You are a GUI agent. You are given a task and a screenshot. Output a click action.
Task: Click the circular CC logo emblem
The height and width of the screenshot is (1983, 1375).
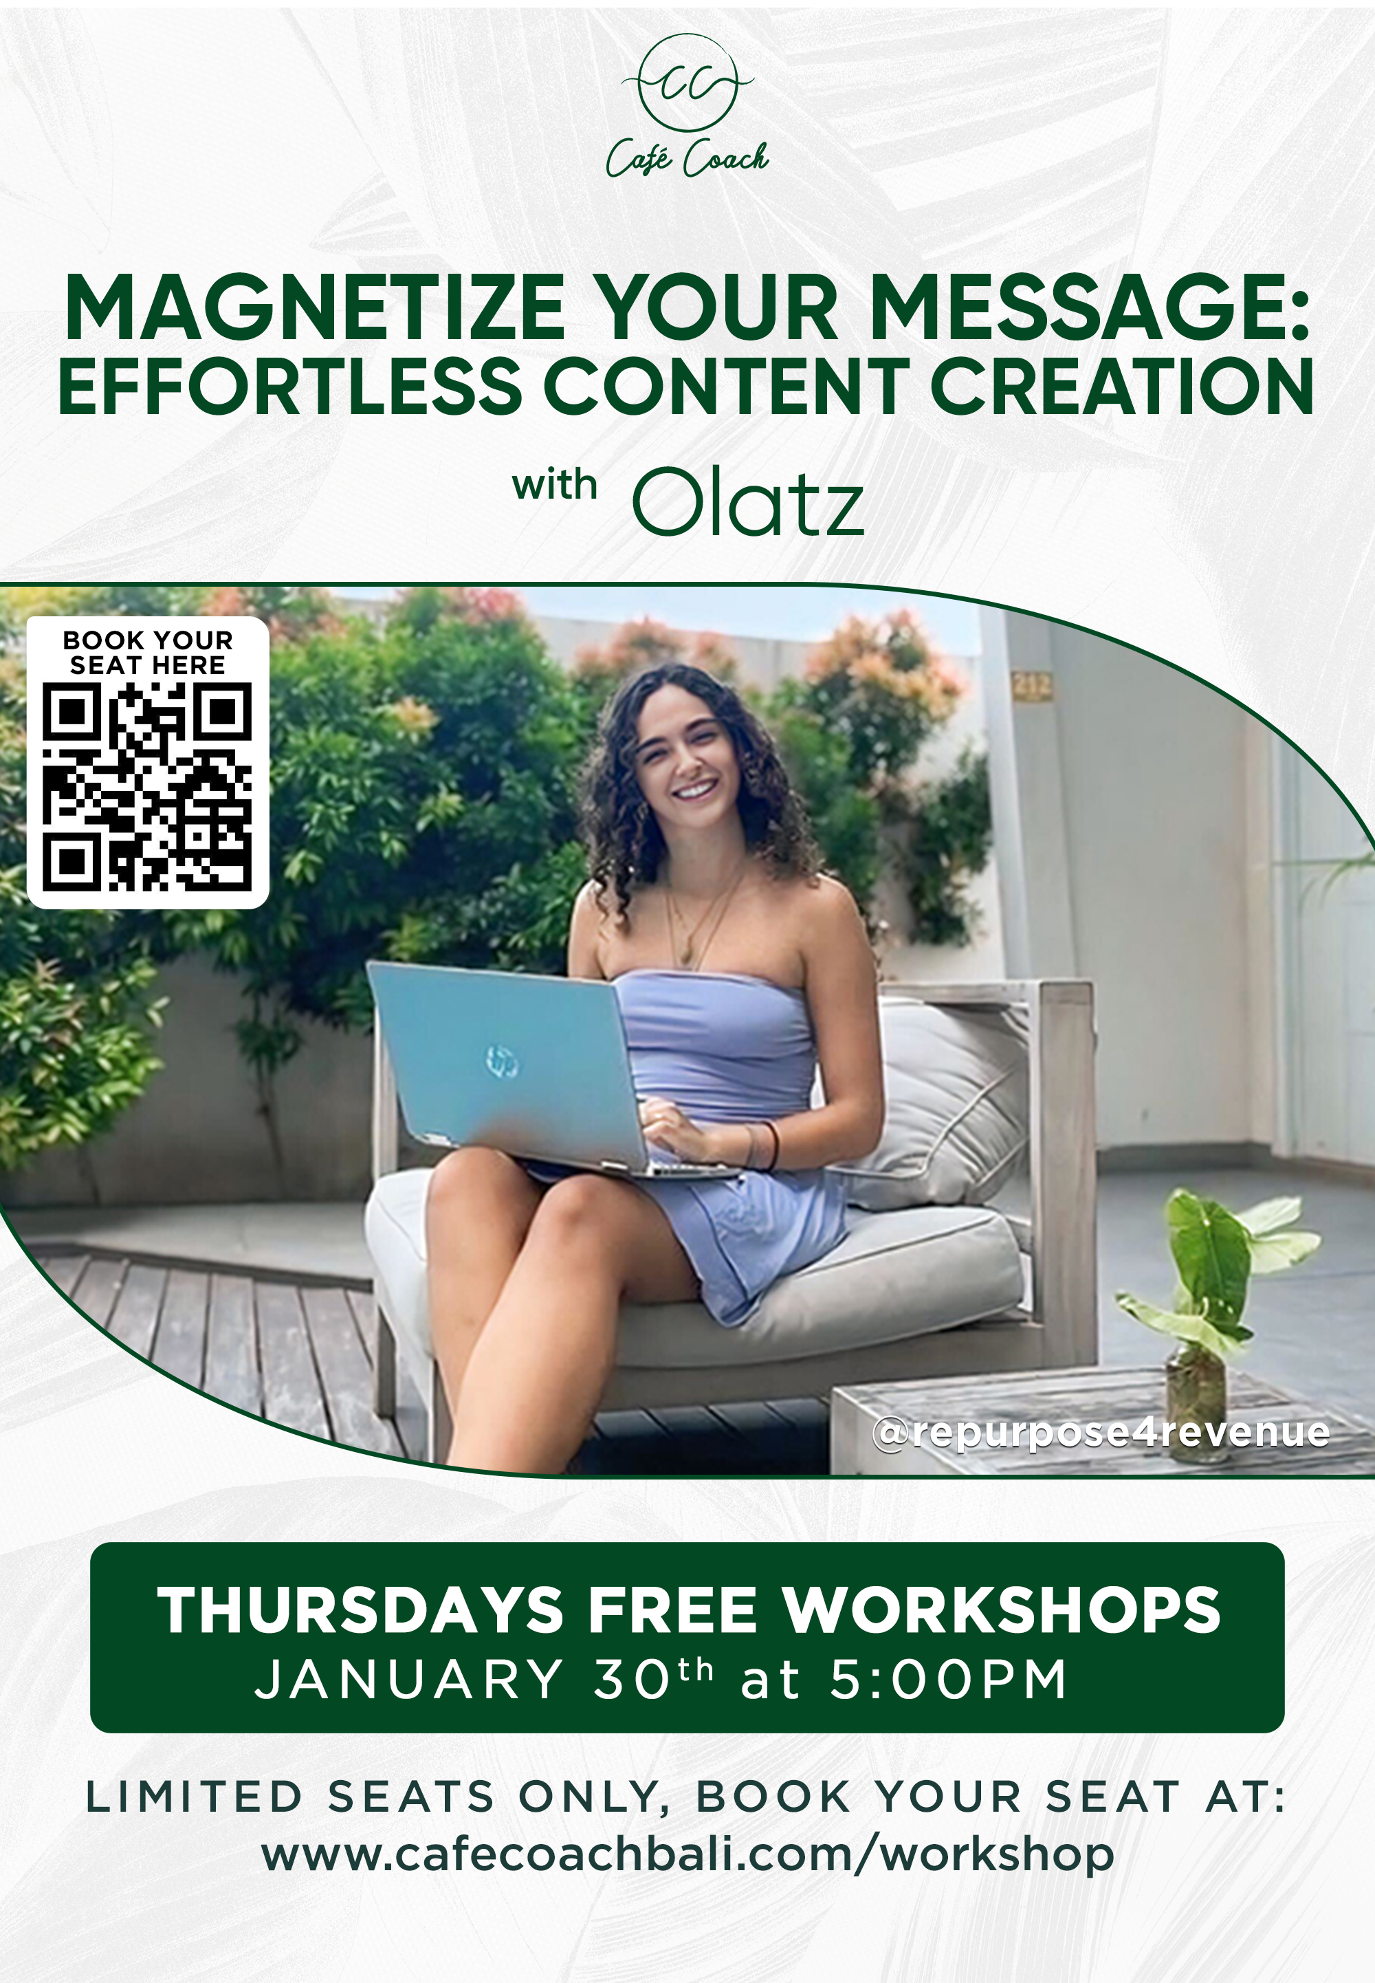[x=687, y=83]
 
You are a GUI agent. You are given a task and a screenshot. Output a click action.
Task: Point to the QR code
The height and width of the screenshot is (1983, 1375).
[x=147, y=786]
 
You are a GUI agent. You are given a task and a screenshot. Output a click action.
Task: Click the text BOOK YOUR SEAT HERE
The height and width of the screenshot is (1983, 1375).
[x=147, y=652]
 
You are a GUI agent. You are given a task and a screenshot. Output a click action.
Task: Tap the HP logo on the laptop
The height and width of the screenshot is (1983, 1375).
[x=503, y=1060]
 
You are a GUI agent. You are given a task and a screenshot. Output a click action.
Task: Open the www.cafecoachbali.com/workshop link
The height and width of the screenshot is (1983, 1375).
[x=687, y=1854]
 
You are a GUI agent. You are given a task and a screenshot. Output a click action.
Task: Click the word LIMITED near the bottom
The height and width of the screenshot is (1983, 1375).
[x=194, y=1797]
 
